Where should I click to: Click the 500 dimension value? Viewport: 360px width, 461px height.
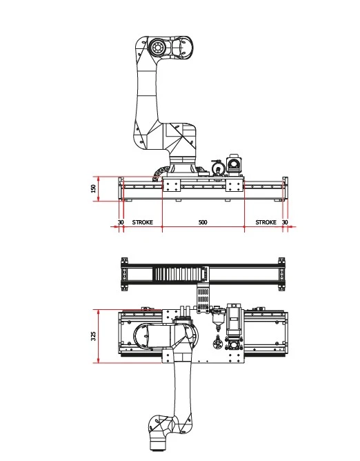(x=203, y=222)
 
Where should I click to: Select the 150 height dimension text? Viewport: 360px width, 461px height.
(x=94, y=188)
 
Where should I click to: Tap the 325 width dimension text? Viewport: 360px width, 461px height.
(x=93, y=336)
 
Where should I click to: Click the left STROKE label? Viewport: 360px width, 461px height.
(x=143, y=222)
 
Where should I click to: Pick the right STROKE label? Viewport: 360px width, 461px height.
(x=266, y=222)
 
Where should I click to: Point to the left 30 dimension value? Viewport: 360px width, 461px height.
(x=121, y=222)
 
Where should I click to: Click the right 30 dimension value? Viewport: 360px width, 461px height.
(x=285, y=222)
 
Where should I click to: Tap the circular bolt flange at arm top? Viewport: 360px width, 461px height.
(x=157, y=47)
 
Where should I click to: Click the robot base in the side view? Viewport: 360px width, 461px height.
(x=183, y=167)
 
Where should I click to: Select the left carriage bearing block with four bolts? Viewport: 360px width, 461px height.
(x=171, y=186)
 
